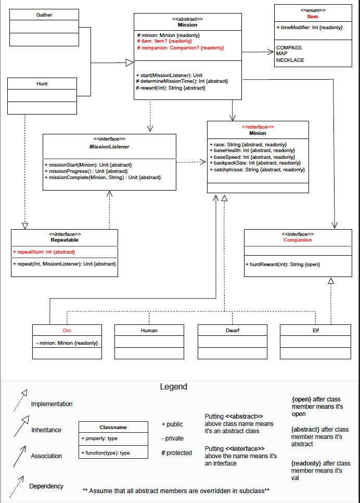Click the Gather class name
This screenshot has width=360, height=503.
pos(44,15)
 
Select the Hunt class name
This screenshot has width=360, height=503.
pos(42,83)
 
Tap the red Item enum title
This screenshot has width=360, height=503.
pos(312,17)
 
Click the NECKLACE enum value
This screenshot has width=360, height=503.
pos(290,60)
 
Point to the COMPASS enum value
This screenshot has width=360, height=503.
pos(289,48)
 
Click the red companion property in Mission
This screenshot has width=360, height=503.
pos(180,48)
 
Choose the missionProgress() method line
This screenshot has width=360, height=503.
pos(86,171)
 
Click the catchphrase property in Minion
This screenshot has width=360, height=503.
pos(257,170)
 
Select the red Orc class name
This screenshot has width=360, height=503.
pos(67,331)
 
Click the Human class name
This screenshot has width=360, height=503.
pos(149,331)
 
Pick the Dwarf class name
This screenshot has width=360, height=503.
pos(232,331)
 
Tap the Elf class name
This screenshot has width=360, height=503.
pos(315,331)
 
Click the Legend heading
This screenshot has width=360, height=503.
pos(173,387)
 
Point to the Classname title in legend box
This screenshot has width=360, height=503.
pos(113,427)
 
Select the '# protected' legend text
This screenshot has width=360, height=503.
pos(177,453)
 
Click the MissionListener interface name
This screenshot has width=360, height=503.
pos(109,147)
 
